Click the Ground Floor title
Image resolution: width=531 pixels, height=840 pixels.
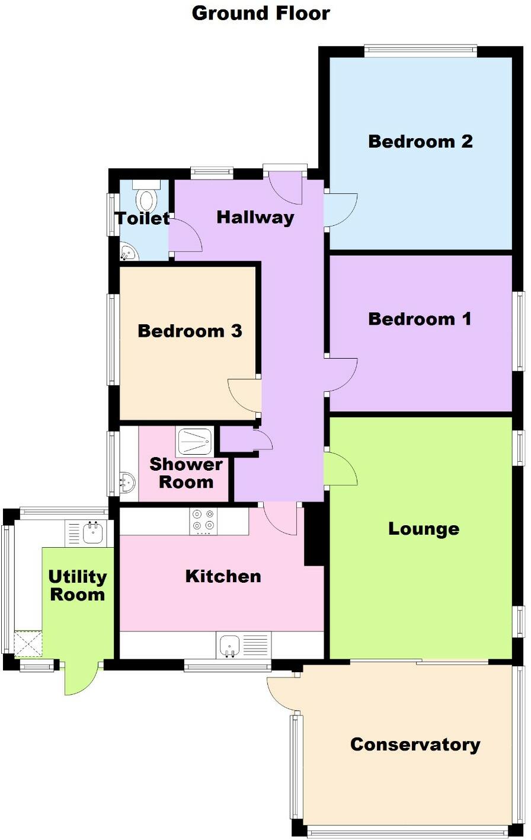[x=261, y=13]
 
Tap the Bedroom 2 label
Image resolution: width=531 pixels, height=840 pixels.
[x=420, y=142]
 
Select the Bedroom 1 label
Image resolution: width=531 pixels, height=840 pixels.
[x=420, y=319]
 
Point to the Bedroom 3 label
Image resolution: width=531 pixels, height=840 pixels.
[x=190, y=331]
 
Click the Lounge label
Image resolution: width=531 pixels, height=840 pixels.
[x=423, y=529]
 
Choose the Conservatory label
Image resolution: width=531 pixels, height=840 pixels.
[x=415, y=745]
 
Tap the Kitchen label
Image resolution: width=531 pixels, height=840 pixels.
[x=223, y=576]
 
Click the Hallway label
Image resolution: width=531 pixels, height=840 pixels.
[x=255, y=218]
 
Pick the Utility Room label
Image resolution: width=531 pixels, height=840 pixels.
[x=77, y=586]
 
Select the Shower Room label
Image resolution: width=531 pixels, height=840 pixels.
[x=185, y=473]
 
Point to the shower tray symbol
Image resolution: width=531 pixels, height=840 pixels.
[x=194, y=441]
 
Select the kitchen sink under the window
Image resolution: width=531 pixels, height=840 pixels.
[x=229, y=644]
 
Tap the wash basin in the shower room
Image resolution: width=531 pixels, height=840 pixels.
[x=127, y=482]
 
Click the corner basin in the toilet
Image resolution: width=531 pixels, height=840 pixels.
[x=127, y=253]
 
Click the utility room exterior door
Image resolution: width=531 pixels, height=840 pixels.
[x=80, y=678]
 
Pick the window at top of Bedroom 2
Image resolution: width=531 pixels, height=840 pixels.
[x=420, y=50]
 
